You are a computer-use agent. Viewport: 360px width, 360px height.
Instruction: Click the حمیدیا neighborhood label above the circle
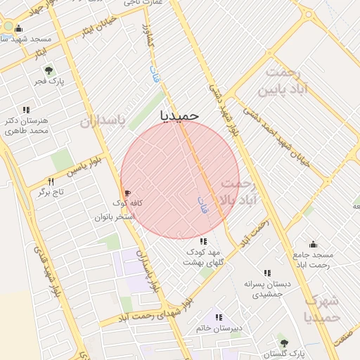[x=180, y=114]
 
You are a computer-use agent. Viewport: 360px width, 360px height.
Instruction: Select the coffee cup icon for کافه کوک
[x=127, y=193]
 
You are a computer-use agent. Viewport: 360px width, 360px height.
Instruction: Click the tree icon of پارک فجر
[x=49, y=70]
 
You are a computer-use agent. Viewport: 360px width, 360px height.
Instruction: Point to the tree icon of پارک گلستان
[x=284, y=343]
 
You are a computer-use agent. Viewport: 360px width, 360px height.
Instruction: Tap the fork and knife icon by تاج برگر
[x=50, y=181]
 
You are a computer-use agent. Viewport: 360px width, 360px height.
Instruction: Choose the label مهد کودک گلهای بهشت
[x=202, y=257]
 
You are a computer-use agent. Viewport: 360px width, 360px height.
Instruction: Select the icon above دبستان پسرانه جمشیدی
[x=267, y=273]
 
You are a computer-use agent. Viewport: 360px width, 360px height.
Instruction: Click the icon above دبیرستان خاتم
[x=219, y=318]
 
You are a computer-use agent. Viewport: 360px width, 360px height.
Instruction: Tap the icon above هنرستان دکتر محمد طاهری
[x=27, y=110]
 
